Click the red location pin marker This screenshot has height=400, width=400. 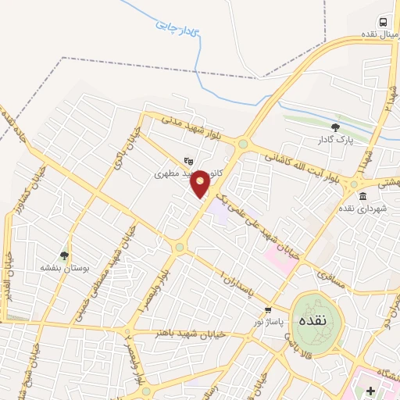tap(201, 183)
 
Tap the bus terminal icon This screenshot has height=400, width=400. tap(384, 22)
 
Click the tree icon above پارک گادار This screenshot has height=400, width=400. tap(335, 127)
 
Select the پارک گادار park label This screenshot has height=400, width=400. tap(336, 140)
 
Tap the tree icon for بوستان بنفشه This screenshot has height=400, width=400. tap(65, 255)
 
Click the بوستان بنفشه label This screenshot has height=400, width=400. tap(66, 267)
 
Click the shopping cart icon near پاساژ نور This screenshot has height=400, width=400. tap(268, 310)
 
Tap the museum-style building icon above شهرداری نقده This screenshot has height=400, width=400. tap(362, 196)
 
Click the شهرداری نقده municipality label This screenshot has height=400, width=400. tap(359, 209)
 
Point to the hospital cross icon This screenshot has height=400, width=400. tap(371, 390)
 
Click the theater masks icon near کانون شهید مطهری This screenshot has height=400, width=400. tap(187, 162)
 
